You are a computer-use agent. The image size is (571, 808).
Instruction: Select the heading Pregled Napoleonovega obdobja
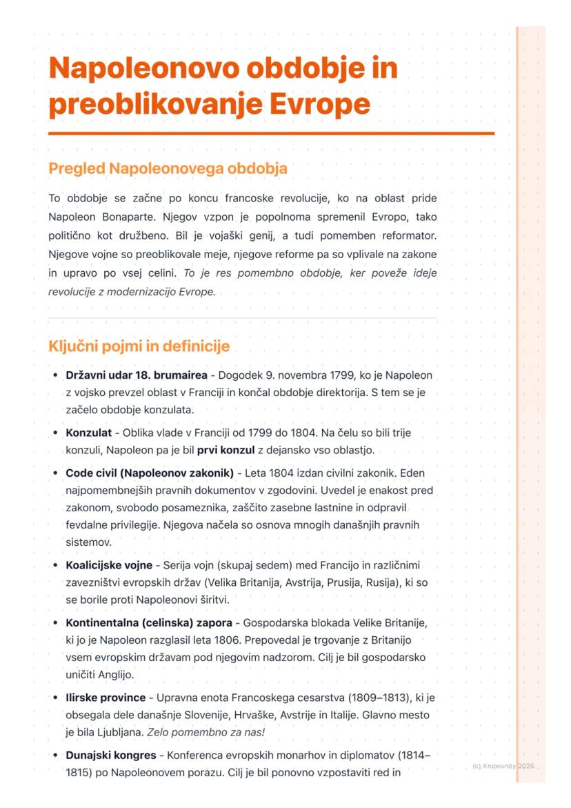tap(168, 168)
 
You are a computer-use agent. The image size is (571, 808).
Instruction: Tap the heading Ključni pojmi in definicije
tap(139, 346)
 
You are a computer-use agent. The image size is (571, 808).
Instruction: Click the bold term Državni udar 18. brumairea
tap(137, 376)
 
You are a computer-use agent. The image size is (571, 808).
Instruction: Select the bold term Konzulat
tap(88, 433)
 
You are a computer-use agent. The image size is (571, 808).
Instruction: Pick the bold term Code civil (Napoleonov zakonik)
tap(150, 473)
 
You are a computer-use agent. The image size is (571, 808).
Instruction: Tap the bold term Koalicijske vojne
tap(109, 565)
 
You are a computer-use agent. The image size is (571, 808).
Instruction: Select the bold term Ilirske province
tap(106, 698)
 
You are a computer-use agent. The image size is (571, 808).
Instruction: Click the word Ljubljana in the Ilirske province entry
tap(101, 731)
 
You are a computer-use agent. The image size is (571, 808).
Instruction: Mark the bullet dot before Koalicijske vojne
tap(54, 565)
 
